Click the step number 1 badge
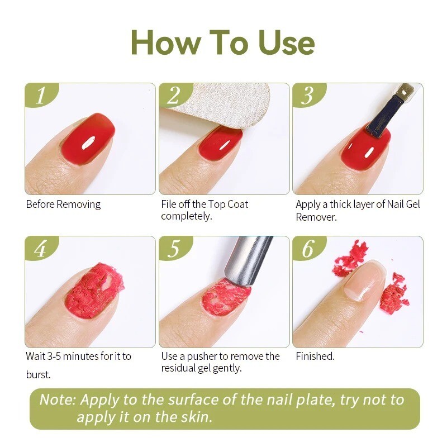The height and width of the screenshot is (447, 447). point(40,96)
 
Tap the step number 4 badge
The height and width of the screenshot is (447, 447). point(40,249)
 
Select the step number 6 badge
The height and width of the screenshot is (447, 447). point(308,249)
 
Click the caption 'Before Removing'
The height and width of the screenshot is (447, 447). point(63,204)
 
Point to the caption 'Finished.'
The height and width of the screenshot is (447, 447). point(315,356)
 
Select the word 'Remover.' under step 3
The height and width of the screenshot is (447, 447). point(316,217)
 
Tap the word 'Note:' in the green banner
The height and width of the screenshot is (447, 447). point(58,400)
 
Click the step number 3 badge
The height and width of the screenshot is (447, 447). point(307,96)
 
